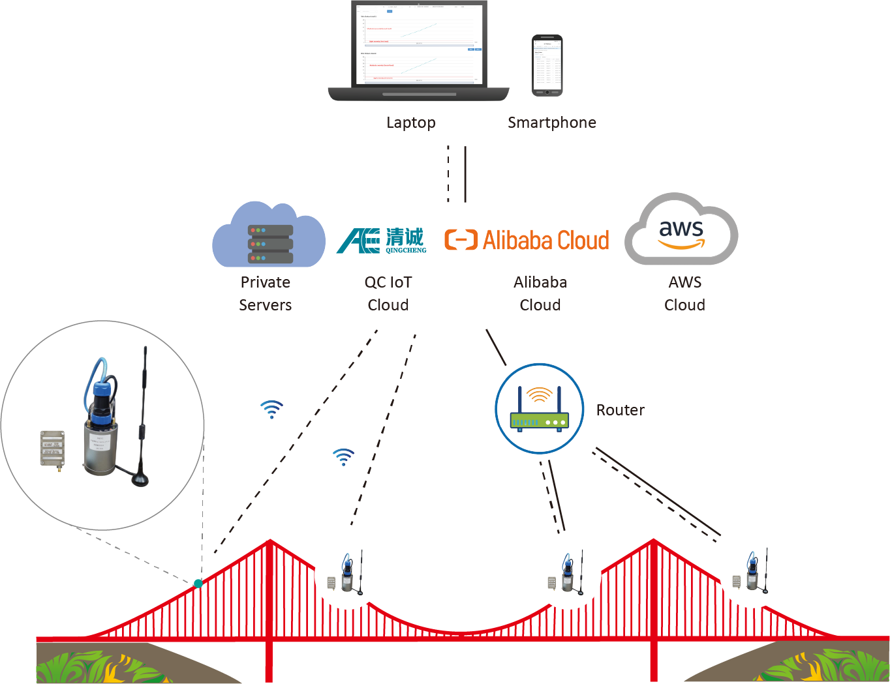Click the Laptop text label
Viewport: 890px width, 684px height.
410,123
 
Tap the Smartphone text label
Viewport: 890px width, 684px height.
551,123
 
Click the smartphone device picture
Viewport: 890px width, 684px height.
547,66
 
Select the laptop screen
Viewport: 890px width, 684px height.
419,45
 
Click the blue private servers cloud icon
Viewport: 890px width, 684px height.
269,236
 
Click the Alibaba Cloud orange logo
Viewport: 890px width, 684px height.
527,240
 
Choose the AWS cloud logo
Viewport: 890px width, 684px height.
681,230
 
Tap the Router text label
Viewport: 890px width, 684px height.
620,410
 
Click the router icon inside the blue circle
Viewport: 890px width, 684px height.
540,409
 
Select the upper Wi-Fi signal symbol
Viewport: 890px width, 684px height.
271,409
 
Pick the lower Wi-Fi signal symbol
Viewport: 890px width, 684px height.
343,456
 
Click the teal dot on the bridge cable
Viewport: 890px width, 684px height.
198,584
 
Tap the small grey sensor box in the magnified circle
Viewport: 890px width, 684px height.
53,449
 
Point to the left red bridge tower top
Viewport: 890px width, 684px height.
269,543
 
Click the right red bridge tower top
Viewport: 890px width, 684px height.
653,543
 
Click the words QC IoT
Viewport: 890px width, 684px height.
388,282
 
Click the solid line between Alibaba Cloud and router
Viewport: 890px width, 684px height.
496,348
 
